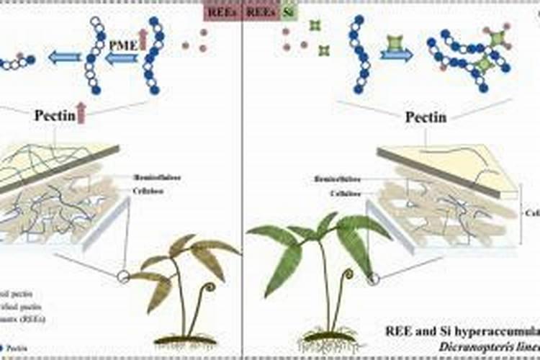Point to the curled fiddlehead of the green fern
(348, 276)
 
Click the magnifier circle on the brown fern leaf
(123, 276)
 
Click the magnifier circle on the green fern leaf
(373, 279)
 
